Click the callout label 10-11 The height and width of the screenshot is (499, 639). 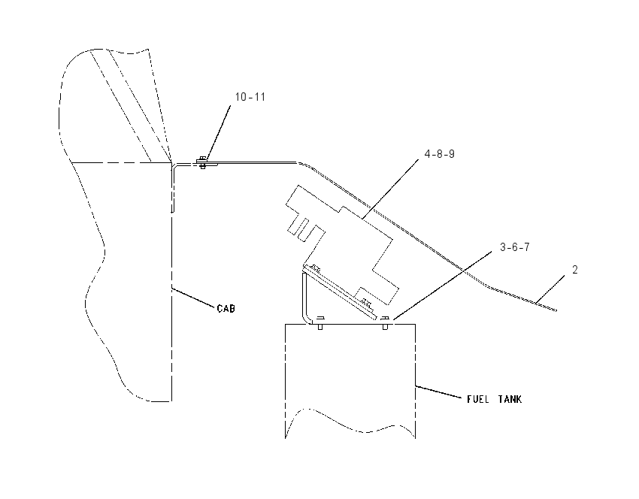tap(250, 97)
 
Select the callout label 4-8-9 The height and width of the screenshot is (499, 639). tap(439, 154)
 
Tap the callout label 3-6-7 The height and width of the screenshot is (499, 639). tap(515, 247)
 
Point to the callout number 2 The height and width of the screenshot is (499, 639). tap(574, 270)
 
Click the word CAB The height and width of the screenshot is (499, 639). tap(226, 309)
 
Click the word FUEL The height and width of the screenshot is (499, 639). tap(477, 399)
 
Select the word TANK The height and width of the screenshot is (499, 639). tap(510, 399)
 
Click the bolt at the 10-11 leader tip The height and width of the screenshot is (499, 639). tap(202, 163)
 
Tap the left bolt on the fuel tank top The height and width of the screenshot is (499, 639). tap(320, 322)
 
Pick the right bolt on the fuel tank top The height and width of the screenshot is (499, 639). tap(385, 322)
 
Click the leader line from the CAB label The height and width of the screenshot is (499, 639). tap(193, 298)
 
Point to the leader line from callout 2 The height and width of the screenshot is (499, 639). tap(550, 289)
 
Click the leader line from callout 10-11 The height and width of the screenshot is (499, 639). tap(218, 133)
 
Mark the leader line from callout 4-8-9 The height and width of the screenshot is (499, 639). tap(390, 189)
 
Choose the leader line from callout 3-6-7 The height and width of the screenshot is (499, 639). tap(442, 285)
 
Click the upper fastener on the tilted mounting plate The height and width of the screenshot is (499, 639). tap(315, 268)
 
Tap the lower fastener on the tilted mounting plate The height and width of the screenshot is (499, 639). tap(367, 303)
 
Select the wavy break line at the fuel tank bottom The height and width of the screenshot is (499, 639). tap(350, 422)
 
